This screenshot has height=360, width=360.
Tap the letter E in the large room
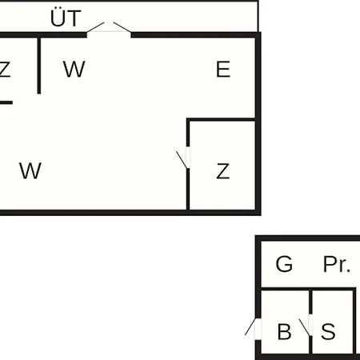click(x=223, y=70)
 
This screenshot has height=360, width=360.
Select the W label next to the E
click(x=74, y=69)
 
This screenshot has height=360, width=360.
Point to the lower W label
click(x=30, y=170)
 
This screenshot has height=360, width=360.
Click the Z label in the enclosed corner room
click(x=222, y=171)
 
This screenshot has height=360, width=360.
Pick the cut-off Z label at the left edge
click(x=5, y=70)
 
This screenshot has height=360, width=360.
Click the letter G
click(x=284, y=264)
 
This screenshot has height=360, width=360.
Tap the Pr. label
click(x=337, y=264)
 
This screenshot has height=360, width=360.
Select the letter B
click(x=284, y=332)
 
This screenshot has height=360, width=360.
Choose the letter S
click(x=328, y=331)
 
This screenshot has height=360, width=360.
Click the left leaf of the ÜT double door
click(x=95, y=27)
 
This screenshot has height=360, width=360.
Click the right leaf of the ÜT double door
click(x=122, y=27)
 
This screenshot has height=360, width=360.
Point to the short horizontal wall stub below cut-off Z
click(x=6, y=102)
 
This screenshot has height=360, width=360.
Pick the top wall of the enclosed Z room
click(x=221, y=119)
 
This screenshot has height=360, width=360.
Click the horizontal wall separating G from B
click(x=308, y=289)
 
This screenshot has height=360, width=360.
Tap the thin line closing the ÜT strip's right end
click(x=258, y=17)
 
